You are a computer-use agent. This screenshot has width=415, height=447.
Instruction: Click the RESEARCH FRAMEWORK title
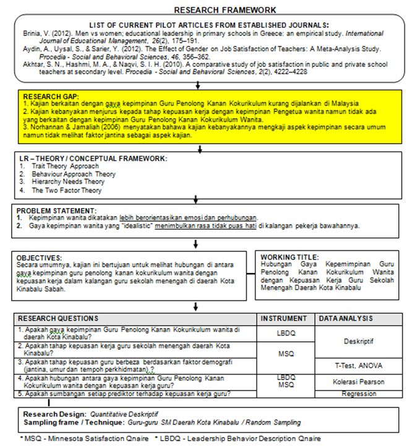coord(225,10)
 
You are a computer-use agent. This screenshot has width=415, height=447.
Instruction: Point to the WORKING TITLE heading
coord(289,256)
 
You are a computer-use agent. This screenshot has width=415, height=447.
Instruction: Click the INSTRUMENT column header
coord(283,318)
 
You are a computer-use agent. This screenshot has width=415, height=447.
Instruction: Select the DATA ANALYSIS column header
coord(346,318)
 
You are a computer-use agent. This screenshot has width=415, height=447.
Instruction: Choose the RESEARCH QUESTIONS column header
coord(58,318)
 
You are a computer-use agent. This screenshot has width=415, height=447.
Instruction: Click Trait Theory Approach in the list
coord(65,167)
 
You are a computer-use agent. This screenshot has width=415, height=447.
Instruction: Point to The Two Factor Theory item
coord(67,191)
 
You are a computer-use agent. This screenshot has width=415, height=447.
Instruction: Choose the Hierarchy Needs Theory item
coord(68,183)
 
